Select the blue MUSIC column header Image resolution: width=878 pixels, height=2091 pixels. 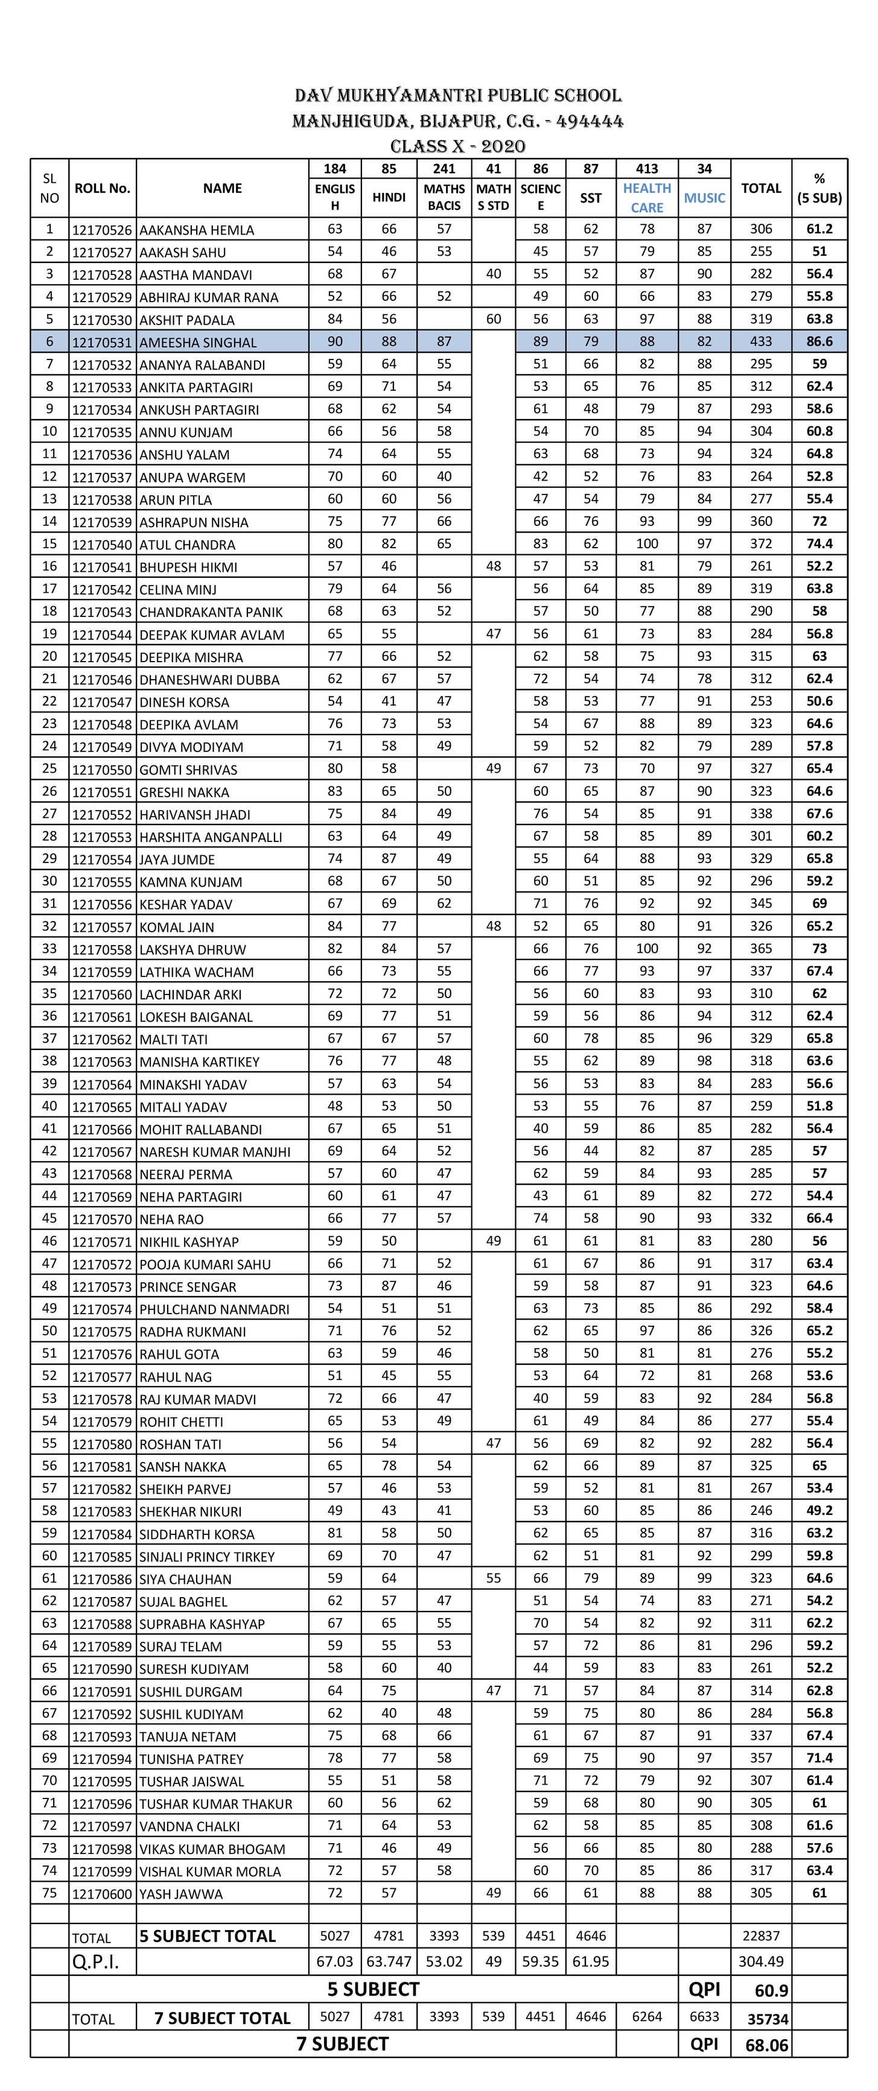[704, 197]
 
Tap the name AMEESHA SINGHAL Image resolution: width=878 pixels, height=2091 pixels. [197, 343]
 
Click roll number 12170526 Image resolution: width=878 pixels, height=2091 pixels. [103, 230]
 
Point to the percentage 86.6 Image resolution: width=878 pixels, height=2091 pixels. [819, 342]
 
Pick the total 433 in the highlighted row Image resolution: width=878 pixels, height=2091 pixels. [761, 342]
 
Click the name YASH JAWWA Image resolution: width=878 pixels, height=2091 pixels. [180, 1894]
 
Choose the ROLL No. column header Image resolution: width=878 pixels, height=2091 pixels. [103, 188]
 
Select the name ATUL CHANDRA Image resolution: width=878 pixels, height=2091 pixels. [187, 545]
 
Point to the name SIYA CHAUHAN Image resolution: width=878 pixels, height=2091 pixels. [185, 1579]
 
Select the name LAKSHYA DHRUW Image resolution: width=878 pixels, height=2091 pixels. [192, 950]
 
